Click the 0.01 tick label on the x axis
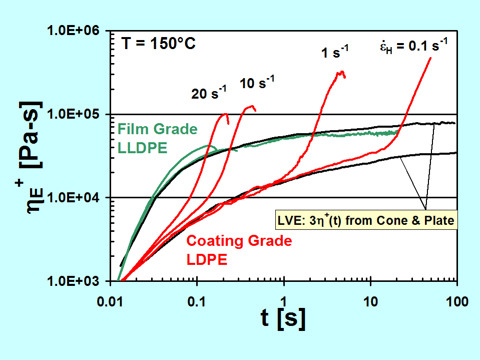coord(111,301)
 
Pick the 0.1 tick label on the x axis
coord(198,301)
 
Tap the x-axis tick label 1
coord(284,301)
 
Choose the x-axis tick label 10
coord(371,301)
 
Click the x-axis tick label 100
coord(456,301)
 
